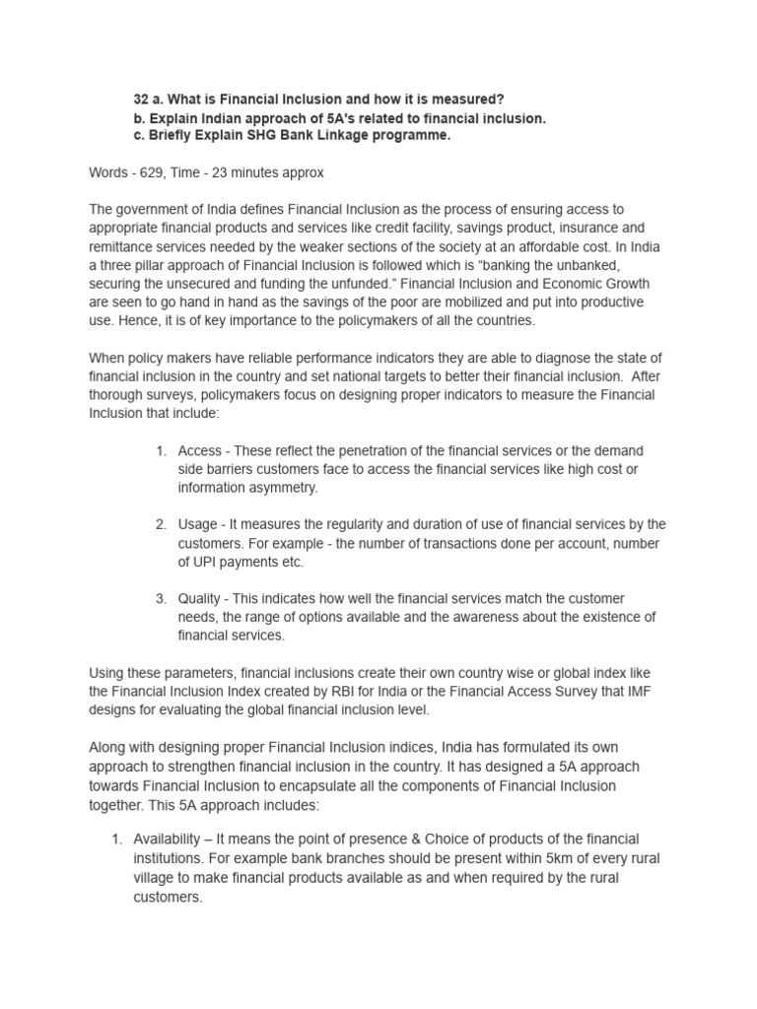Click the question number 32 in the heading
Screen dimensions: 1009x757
(141, 101)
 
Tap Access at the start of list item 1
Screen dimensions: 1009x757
(200, 450)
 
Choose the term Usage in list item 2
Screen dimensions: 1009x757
(199, 524)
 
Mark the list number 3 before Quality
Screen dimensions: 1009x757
(160, 599)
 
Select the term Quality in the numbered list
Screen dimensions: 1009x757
(200, 599)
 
